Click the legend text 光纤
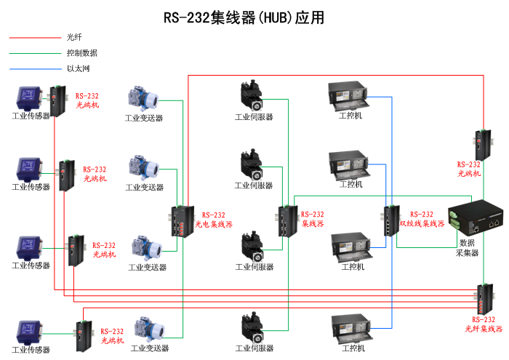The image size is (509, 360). (x=74, y=36)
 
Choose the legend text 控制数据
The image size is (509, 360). (x=81, y=53)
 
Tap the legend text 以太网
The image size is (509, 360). (x=78, y=69)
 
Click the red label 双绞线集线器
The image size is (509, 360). (x=422, y=224)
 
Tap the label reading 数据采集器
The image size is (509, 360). (x=466, y=247)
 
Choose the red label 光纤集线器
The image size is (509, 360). (x=484, y=329)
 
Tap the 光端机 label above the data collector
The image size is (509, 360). (x=469, y=174)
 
